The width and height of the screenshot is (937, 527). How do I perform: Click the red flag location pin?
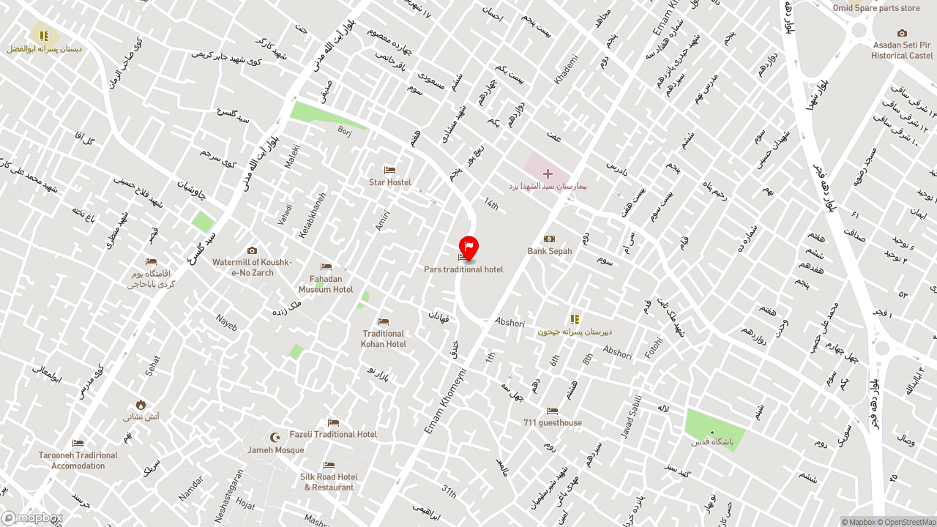[x=468, y=247]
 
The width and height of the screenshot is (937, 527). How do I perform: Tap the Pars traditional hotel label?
[x=463, y=269]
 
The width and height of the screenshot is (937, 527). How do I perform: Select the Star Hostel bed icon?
[x=389, y=171]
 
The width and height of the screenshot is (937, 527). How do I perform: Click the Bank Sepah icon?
[x=549, y=239]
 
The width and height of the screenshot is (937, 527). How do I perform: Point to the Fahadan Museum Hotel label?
[x=326, y=284]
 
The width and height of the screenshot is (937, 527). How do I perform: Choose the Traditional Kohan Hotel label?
[x=383, y=339]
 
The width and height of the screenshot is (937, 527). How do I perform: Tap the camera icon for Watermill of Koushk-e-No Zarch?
[x=253, y=250]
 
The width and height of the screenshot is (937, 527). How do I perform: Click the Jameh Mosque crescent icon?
[x=275, y=437]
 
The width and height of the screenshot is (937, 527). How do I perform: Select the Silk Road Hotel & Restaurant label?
[x=329, y=482]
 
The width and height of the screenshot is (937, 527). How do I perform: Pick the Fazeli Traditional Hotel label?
[x=333, y=434]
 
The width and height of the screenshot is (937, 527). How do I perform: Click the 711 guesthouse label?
[x=553, y=423]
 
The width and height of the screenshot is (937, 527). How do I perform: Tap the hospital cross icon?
[x=548, y=173]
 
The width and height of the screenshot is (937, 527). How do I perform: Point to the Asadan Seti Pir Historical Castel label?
[x=902, y=50]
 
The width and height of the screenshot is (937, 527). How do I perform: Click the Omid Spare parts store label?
[x=876, y=8]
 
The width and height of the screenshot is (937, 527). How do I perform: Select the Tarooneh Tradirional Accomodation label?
[x=78, y=460]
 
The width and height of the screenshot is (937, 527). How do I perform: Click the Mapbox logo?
[x=31, y=518]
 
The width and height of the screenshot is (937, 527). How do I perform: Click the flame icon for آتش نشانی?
[x=141, y=405]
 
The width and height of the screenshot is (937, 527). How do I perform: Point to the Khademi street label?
[x=567, y=70]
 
